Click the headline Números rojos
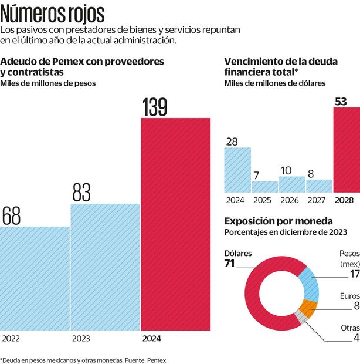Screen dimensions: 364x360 (53, 13)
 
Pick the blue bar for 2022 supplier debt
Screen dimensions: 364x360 (35, 279)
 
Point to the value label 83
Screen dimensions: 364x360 (88, 193)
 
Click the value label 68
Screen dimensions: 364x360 (11, 215)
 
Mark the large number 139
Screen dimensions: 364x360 (155, 107)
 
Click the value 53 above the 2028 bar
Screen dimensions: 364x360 (341, 102)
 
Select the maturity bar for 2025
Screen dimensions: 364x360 (265, 187)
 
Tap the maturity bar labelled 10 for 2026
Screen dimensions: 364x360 (291, 184)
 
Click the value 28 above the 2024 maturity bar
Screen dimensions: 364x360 (232, 141)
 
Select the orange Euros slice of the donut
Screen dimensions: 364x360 (308, 308)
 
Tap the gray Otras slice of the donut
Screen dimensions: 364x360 (301, 316)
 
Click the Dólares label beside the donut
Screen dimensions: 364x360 (238, 253)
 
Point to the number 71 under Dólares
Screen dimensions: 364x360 (230, 264)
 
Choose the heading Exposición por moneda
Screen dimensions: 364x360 (279, 221)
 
